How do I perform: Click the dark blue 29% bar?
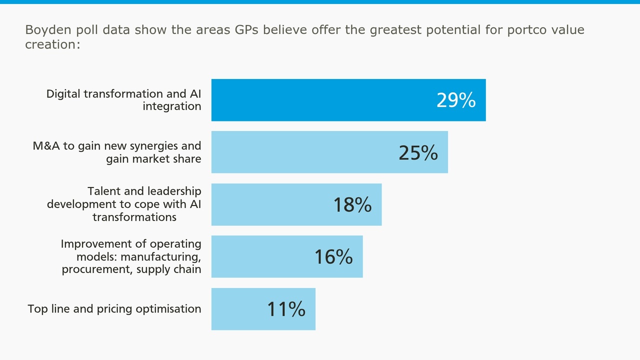[320, 100]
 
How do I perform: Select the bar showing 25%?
[300, 152]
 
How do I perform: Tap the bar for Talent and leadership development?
[270, 204]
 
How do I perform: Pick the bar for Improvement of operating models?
[260, 256]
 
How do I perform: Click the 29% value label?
[455, 100]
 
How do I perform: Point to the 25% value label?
[418, 152]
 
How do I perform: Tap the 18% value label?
[352, 205]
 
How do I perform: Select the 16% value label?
[333, 257]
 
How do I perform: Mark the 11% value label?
[286, 309]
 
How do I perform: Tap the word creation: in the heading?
[52, 44]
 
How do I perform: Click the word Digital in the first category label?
[63, 93]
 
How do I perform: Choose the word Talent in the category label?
[103, 191]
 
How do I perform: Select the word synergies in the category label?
[153, 146]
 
